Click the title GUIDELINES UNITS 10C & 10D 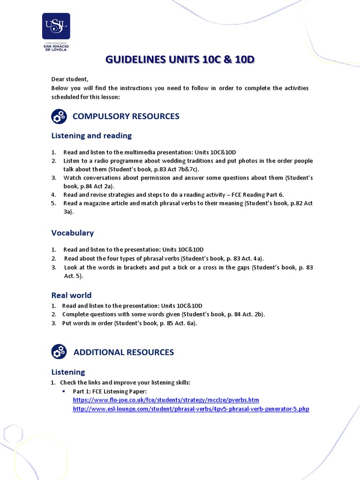click(x=180, y=60)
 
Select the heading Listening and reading click(x=91, y=135)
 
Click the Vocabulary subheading click(x=72, y=232)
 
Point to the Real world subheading click(x=71, y=295)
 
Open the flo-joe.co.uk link click(x=166, y=400)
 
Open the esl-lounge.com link click(x=191, y=409)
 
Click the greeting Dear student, click(x=70, y=79)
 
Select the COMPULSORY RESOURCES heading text click(x=126, y=116)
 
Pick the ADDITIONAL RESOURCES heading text click(x=124, y=352)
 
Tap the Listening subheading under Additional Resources click(x=68, y=372)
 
